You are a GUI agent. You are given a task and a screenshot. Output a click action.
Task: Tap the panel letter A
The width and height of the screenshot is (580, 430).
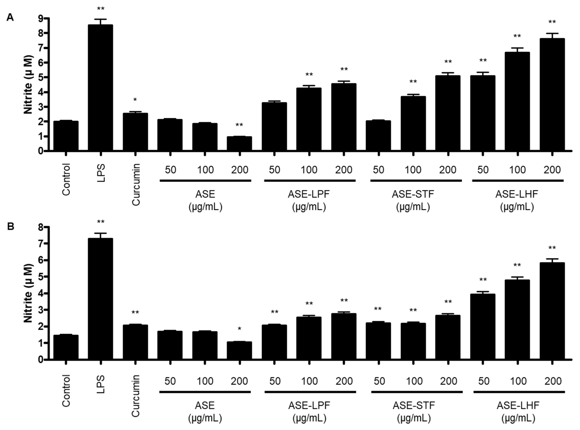point(10,18)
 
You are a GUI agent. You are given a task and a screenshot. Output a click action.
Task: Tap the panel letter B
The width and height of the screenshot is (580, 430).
point(10,226)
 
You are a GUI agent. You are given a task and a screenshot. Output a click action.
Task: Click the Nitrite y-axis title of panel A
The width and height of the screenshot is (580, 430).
point(28,85)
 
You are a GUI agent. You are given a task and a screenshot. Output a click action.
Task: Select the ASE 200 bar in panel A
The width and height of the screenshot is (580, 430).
point(239,143)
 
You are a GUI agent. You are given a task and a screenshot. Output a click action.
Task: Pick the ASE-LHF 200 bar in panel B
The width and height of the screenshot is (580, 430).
point(552,311)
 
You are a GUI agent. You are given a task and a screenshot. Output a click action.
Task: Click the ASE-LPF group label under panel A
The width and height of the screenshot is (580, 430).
point(309,194)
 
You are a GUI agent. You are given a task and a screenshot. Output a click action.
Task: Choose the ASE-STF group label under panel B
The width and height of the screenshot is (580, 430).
point(414,405)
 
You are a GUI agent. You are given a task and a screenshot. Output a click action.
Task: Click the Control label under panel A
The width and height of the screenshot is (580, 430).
point(66,179)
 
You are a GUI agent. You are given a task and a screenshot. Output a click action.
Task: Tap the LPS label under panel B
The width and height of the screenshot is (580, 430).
point(101,384)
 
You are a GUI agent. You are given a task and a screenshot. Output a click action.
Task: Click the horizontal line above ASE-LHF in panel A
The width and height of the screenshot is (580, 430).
point(518,180)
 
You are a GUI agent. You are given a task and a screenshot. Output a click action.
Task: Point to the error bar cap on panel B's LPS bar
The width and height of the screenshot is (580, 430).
point(100,233)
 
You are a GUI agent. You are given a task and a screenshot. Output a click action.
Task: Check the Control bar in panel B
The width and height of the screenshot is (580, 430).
point(66,347)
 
